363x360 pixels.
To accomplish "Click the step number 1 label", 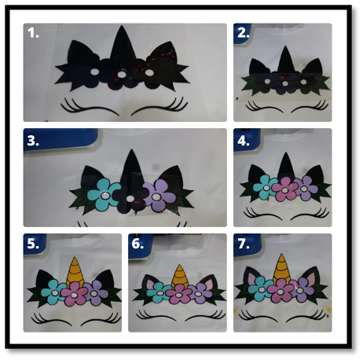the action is coord(33,33).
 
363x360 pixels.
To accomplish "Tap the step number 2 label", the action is coord(244,33).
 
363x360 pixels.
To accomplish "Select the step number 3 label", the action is coord(33,141).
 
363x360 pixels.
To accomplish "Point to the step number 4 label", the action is coord(244,141).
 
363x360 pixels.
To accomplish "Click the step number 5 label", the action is coord(33,244).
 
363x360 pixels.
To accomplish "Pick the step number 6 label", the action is coord(137,244).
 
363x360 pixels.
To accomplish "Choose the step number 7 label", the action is coord(244,244).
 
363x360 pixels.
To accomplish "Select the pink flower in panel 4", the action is coord(285,189).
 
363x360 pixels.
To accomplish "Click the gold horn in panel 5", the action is coord(75,271).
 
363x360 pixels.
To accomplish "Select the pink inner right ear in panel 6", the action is coord(210,285).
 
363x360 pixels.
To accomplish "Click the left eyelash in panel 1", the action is coord(89,107).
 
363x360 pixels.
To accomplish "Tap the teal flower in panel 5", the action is coord(53,292).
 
